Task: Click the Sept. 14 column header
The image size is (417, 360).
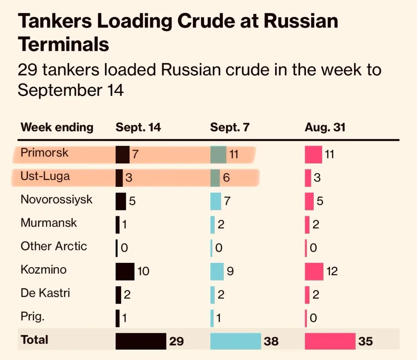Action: click(x=138, y=128)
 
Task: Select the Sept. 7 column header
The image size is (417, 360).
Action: click(x=229, y=128)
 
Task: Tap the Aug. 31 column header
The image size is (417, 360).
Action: click(x=325, y=128)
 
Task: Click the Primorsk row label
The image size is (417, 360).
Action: click(x=44, y=153)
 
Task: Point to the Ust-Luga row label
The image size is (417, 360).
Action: click(x=45, y=176)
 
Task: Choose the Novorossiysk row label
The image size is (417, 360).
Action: click(x=56, y=199)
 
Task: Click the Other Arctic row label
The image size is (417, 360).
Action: click(x=54, y=246)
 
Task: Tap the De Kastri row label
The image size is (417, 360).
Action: click(x=45, y=293)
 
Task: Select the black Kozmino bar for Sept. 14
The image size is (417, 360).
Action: click(x=125, y=271)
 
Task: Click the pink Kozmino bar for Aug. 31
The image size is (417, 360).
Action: click(x=314, y=271)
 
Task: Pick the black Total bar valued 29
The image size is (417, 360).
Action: click(x=141, y=341)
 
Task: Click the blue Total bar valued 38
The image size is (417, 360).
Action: click(x=235, y=341)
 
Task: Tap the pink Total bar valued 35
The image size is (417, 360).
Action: click(x=330, y=341)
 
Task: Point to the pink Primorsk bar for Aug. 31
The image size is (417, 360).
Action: click(x=313, y=154)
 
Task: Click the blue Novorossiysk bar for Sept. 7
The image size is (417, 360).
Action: click(x=216, y=201)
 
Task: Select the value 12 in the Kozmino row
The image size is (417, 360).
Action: click(x=332, y=271)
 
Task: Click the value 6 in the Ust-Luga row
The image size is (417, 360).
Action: click(x=226, y=178)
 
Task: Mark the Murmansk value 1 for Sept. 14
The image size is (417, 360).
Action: click(x=124, y=224)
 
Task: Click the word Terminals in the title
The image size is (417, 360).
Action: click(x=63, y=44)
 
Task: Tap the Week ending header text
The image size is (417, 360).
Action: click(x=57, y=128)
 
